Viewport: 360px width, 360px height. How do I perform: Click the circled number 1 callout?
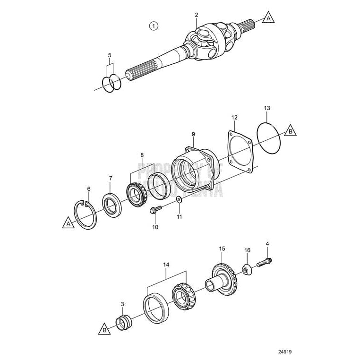pos(153,26)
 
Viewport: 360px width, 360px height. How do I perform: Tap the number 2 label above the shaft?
pos(197,15)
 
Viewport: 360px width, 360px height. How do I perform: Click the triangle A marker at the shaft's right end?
pos(268,18)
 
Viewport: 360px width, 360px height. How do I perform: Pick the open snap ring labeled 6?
pos(86,215)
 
